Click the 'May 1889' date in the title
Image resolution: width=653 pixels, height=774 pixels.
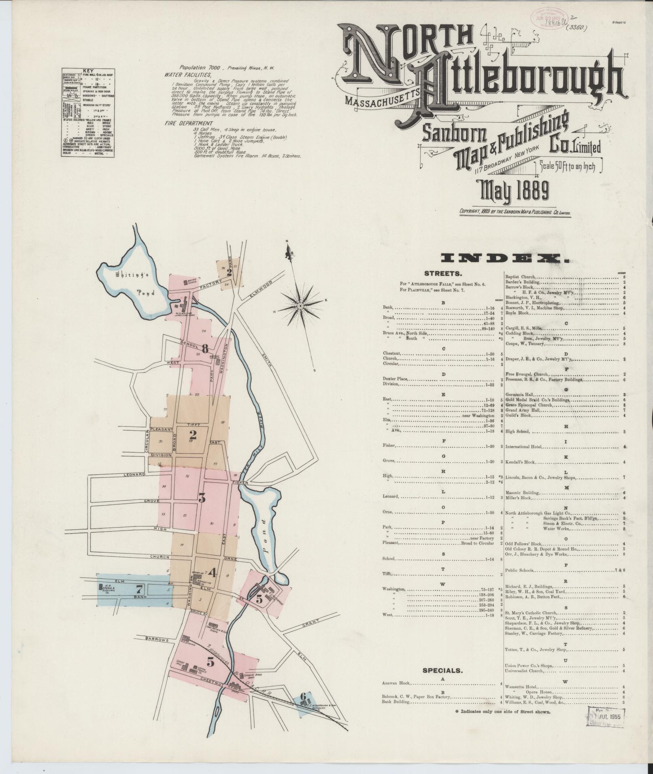click(x=514, y=191)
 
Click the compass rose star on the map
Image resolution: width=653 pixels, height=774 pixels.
click(x=300, y=306)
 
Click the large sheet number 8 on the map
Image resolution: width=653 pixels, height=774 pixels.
click(x=205, y=348)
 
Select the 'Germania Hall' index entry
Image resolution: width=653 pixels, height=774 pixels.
click(x=520, y=394)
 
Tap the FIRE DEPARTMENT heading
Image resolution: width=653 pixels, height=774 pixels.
click(x=189, y=123)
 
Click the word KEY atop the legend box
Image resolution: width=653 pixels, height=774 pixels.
click(x=88, y=70)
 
